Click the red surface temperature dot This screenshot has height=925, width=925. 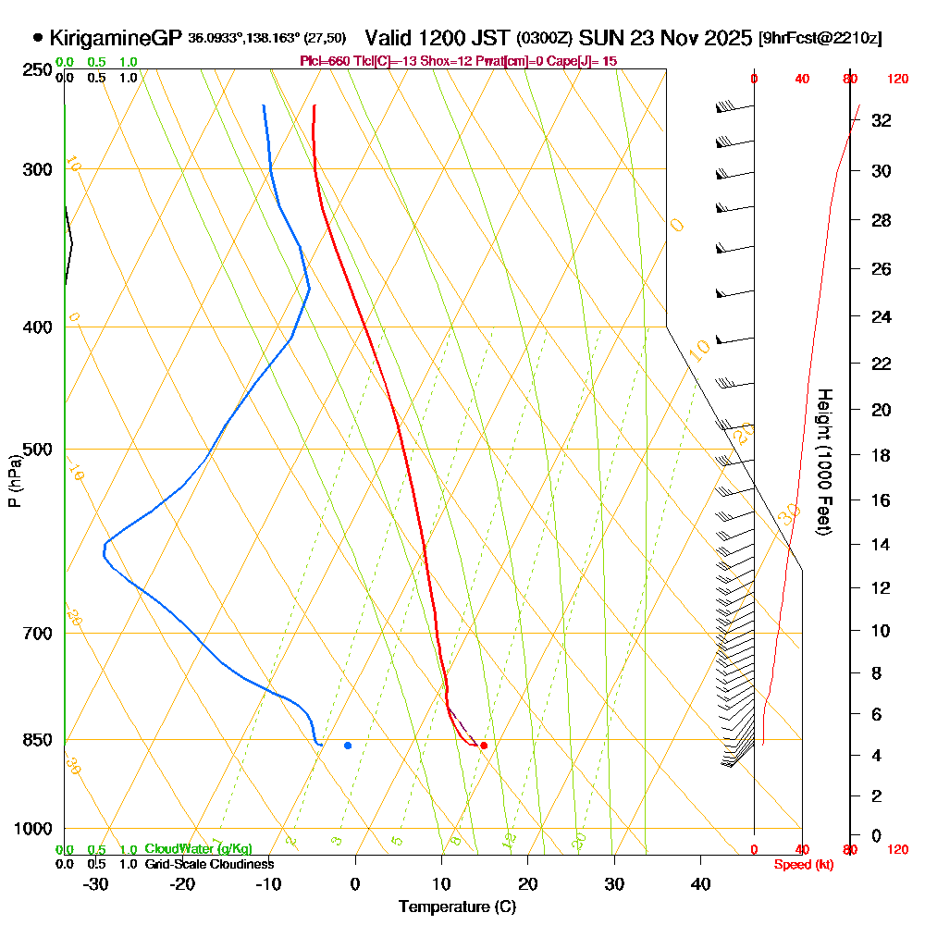484,745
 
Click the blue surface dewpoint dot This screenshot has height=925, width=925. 348,745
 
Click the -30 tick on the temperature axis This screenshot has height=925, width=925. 96,883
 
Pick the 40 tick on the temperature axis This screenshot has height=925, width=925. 701,883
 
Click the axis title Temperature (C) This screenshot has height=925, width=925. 457,906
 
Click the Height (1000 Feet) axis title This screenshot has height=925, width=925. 823,462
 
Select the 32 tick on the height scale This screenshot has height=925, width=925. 881,120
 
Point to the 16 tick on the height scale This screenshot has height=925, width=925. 881,500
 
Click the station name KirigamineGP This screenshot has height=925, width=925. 117,39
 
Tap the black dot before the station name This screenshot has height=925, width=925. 38,39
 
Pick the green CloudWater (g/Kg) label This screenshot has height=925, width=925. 198,849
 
